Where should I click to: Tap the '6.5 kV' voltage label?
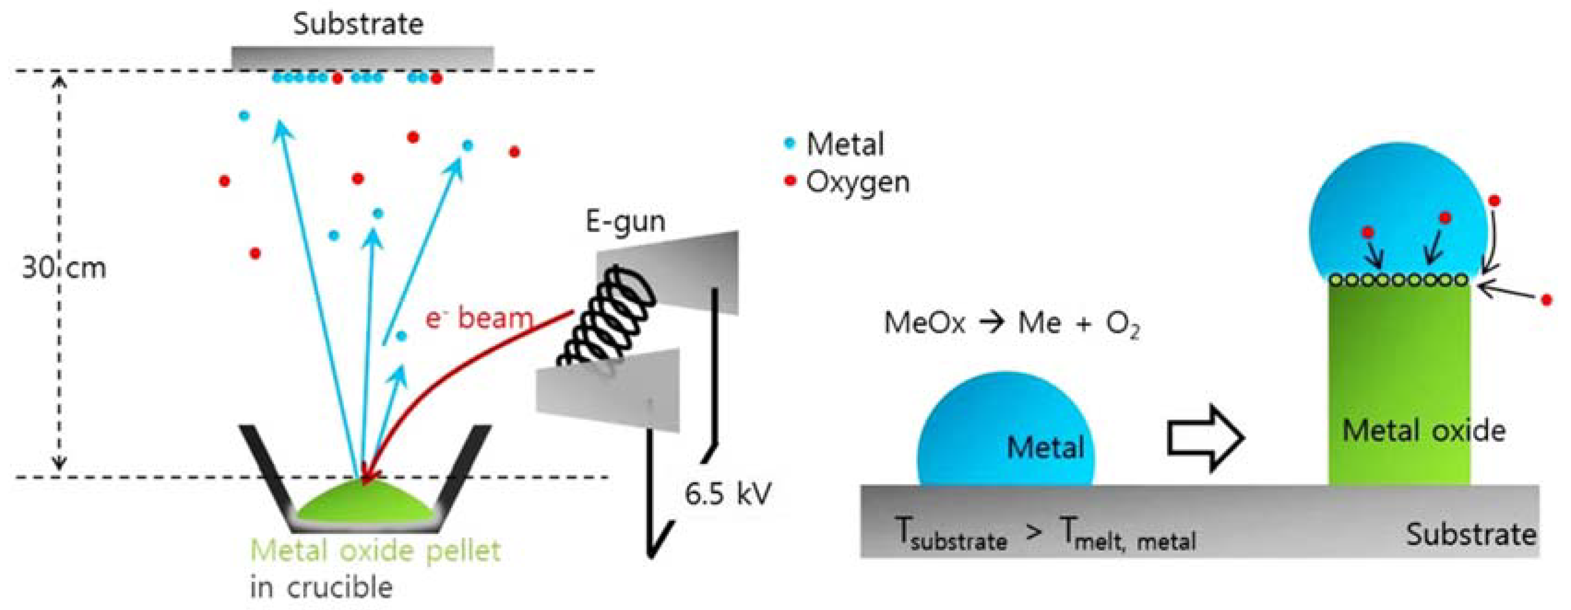(x=727, y=494)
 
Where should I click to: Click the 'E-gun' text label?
(x=625, y=221)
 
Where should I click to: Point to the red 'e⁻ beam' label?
(x=479, y=318)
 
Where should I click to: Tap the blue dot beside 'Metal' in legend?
(x=790, y=144)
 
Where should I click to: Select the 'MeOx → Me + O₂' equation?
(x=1011, y=323)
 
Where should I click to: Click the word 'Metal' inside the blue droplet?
(x=1045, y=448)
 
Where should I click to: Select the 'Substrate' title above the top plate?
(x=358, y=24)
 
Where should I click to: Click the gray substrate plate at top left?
(x=362, y=59)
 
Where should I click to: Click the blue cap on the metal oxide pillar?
(x=1397, y=207)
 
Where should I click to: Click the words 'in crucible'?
(x=321, y=587)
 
